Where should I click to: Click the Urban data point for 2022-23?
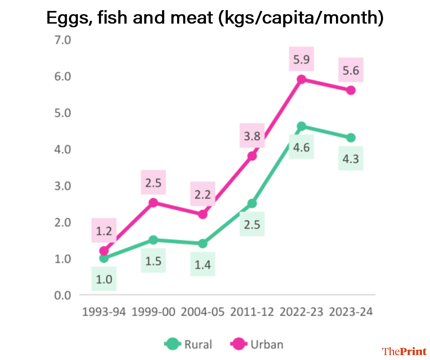[x=301, y=79]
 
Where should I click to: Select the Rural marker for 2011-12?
[x=252, y=203]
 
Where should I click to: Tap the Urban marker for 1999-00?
[x=153, y=202]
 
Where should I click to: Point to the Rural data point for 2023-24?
[x=351, y=138]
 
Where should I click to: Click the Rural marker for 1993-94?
[x=104, y=258]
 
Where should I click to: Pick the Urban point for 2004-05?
[x=203, y=214]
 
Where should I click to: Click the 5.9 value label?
[x=301, y=60]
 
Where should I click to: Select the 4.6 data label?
[x=301, y=147]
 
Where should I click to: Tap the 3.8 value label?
[x=252, y=136]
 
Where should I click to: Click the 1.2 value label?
[x=104, y=230]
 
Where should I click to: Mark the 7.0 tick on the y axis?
[x=61, y=40]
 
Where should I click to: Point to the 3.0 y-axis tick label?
[x=61, y=186]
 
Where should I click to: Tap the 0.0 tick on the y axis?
[x=61, y=295]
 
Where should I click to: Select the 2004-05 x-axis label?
[x=203, y=312]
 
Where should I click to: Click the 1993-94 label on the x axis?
[x=104, y=312]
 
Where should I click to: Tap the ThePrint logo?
[x=404, y=351]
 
